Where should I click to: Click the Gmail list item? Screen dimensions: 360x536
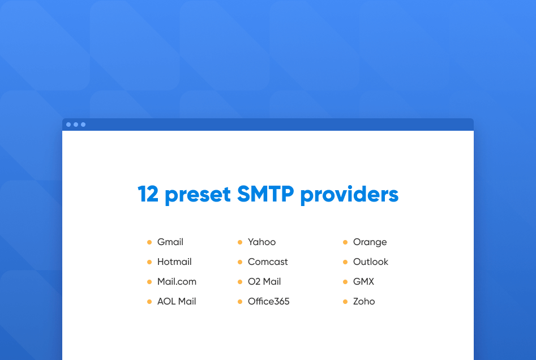click(170, 242)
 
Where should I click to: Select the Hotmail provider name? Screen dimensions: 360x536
click(174, 262)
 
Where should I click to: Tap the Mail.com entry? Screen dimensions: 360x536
click(177, 282)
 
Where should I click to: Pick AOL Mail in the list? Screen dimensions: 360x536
click(177, 302)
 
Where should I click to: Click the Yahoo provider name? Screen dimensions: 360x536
click(261, 242)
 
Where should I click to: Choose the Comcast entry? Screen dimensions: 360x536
click(268, 262)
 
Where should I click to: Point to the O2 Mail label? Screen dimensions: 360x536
click(264, 282)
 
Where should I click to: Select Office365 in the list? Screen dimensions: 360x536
click(268, 302)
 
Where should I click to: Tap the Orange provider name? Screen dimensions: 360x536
click(370, 242)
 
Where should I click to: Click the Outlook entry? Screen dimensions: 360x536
click(371, 262)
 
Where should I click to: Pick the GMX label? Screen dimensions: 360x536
click(363, 282)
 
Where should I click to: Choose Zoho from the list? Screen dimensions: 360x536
click(364, 302)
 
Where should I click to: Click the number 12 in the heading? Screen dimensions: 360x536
click(148, 194)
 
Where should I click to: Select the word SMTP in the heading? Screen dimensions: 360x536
click(265, 194)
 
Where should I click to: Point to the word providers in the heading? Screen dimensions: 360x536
click(349, 194)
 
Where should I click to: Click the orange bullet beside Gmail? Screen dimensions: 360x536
click(149, 242)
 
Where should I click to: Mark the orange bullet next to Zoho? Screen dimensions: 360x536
click(345, 302)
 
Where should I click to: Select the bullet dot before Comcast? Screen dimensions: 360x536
click(240, 262)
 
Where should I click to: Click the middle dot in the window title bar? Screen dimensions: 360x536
click(76, 125)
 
